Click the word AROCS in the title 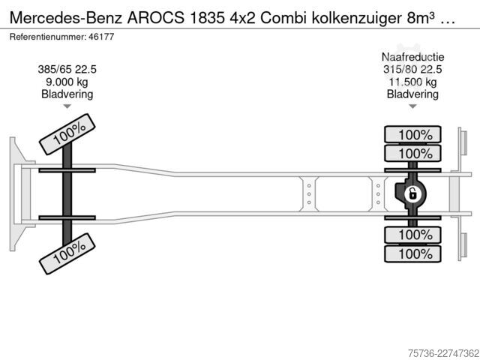click(156, 18)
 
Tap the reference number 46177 click(101, 37)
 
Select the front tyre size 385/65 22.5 click(67, 70)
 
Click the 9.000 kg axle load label click(67, 82)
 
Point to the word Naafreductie click(412, 57)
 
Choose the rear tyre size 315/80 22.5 click(412, 70)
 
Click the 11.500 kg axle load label click(412, 82)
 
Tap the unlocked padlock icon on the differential click(412, 194)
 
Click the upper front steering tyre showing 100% click(67, 134)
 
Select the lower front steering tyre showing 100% click(67, 253)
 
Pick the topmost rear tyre click(412, 134)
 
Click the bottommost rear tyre click(412, 253)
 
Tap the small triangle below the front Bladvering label click(67, 106)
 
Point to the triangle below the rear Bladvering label click(412, 106)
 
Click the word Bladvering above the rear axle click(412, 94)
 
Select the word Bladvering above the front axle click(67, 94)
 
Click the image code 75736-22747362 click(443, 353)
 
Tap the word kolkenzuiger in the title click(357, 18)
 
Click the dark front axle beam click(67, 194)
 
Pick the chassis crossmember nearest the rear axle click(378, 194)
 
